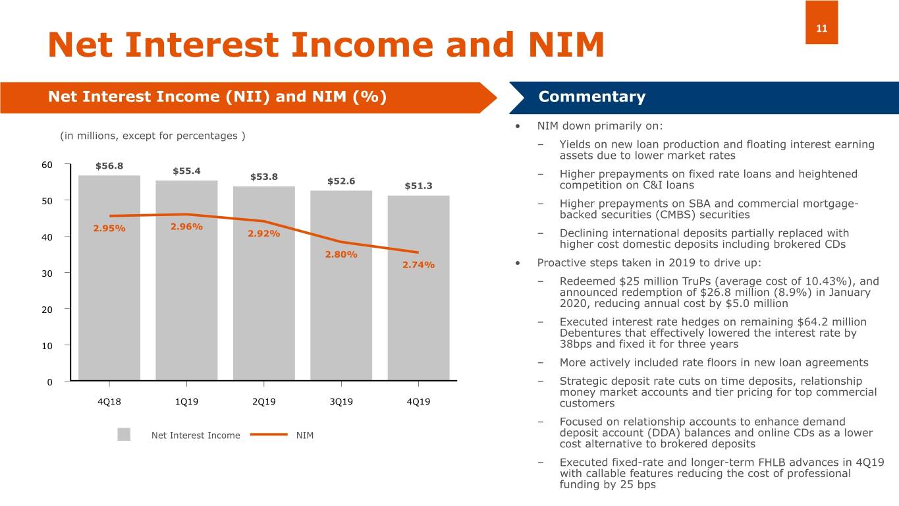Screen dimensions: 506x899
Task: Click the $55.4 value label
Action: (186, 171)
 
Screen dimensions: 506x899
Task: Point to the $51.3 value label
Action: (418, 186)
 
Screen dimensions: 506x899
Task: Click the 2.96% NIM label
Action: (186, 227)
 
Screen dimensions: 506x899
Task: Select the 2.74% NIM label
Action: (418, 265)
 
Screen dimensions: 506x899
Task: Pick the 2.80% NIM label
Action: (341, 254)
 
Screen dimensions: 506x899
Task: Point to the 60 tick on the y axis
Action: (45, 164)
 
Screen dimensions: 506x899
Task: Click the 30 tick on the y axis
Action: (45, 273)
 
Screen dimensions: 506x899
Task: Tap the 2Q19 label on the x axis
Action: (263, 401)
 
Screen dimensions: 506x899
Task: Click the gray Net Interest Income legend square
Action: (124, 435)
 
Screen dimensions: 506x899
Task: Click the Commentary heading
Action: (591, 98)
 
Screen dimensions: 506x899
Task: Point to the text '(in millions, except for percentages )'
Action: (152, 136)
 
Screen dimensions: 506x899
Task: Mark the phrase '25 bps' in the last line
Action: (638, 485)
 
